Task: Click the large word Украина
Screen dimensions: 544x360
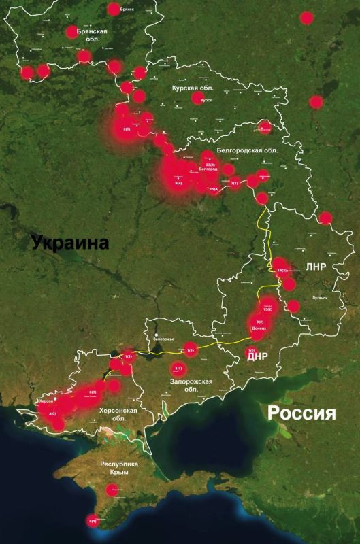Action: pos(70,243)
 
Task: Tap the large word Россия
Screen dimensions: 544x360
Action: pos(302,413)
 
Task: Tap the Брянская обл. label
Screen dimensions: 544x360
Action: pos(93,35)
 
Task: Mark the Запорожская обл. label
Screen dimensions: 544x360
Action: pos(191,386)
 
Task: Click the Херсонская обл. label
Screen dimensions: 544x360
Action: pos(123,416)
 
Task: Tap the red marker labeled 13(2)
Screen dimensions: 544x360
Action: pos(267,309)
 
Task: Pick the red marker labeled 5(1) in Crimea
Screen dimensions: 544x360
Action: pos(93,522)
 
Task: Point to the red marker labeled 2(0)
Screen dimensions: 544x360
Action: pos(127,129)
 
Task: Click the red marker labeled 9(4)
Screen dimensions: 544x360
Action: pos(178,183)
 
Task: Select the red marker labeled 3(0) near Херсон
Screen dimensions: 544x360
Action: pos(52,414)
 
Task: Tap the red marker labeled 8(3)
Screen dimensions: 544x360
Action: pos(93,392)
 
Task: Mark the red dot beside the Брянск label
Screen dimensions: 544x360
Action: pos(114,10)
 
